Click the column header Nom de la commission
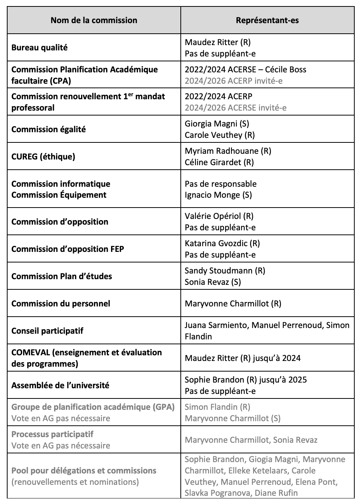(x=94, y=20)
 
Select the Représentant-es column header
(x=267, y=20)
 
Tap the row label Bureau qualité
(x=39, y=48)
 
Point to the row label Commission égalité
(x=49, y=130)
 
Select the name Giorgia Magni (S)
(x=217, y=124)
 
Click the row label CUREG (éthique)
(x=43, y=156)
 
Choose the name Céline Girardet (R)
(x=219, y=162)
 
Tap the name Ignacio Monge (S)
(x=218, y=195)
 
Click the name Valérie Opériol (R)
(x=219, y=216)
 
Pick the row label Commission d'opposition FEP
(x=68, y=249)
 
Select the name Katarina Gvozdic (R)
(x=222, y=244)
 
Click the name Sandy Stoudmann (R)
(x=225, y=271)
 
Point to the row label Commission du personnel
(x=61, y=304)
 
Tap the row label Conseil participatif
(x=47, y=331)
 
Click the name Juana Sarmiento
(x=216, y=325)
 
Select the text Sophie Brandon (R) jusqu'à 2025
(x=246, y=380)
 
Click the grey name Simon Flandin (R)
(x=217, y=407)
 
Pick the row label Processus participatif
(x=52, y=434)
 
